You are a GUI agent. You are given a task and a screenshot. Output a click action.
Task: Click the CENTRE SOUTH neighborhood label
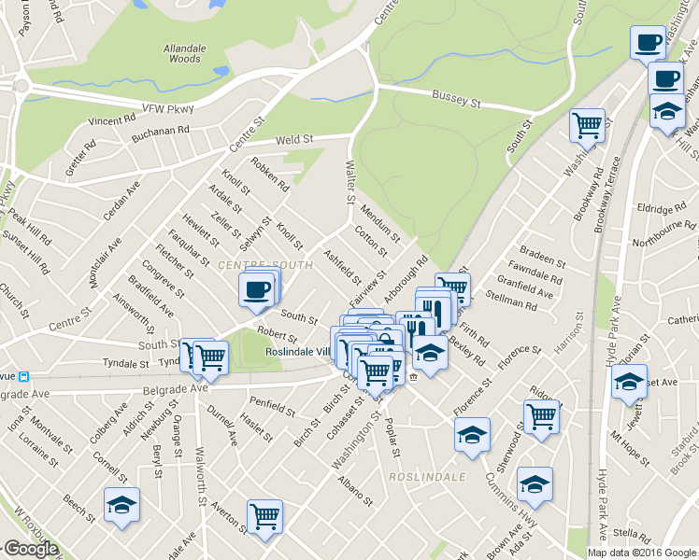(x=250, y=267)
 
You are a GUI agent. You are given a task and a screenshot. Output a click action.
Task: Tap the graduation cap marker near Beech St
(x=121, y=504)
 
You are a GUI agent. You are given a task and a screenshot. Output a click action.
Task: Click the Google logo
(x=31, y=550)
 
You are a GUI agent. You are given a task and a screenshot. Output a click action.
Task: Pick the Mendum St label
(x=379, y=223)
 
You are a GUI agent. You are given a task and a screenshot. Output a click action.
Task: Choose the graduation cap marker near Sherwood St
(x=535, y=483)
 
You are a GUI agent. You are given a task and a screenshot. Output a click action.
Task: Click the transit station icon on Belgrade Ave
(x=25, y=377)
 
